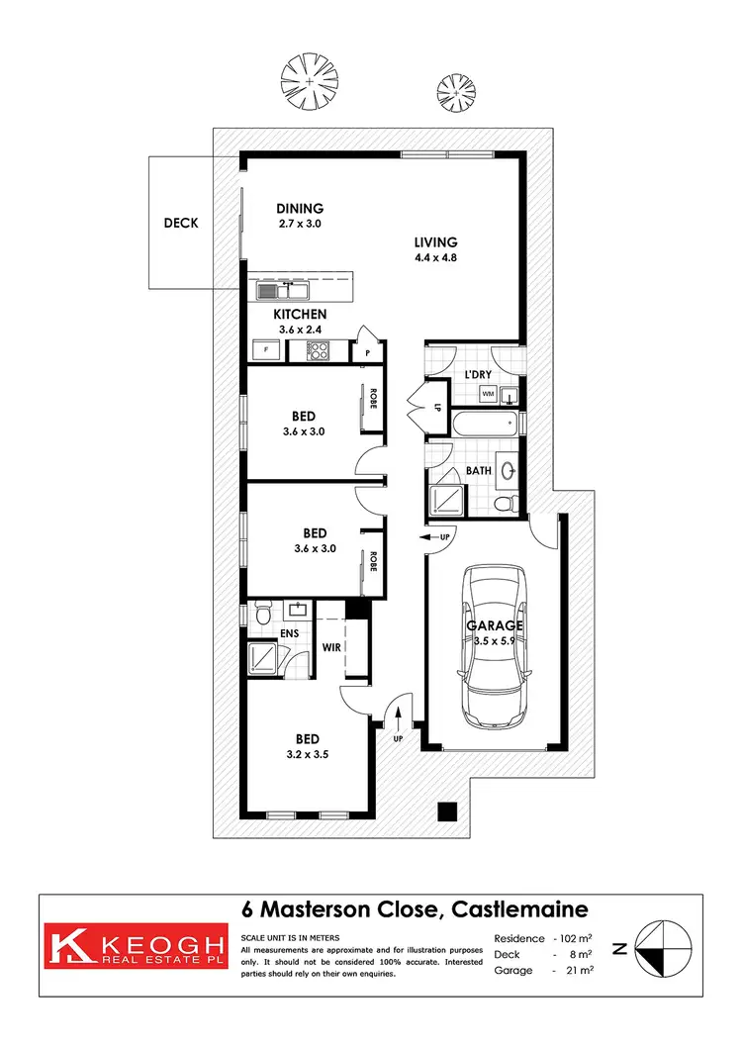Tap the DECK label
click(x=181, y=223)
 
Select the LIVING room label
click(x=435, y=241)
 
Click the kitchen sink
click(x=282, y=290)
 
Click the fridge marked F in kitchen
click(x=265, y=349)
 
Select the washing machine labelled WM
click(x=488, y=394)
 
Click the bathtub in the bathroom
click(x=484, y=425)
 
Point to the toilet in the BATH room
click(x=506, y=504)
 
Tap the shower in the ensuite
click(x=263, y=656)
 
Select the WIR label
click(x=331, y=649)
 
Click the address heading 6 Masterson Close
click(x=416, y=908)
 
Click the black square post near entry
click(x=448, y=811)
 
